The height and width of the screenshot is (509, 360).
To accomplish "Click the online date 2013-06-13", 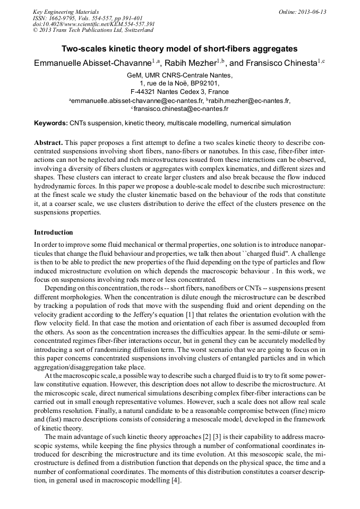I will [310, 12].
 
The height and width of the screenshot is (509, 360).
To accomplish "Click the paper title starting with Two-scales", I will [179, 49].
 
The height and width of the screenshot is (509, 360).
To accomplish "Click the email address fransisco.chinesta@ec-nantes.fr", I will [181, 109].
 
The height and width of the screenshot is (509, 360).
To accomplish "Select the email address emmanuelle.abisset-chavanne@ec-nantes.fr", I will [138, 100].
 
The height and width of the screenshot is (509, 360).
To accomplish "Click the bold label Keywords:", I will [50, 123].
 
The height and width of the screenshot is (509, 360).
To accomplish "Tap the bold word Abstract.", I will [48, 143].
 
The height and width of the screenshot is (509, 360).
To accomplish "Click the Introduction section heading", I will [54, 232].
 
